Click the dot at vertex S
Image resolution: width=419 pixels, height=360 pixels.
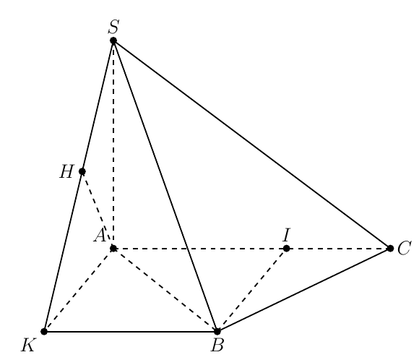113,40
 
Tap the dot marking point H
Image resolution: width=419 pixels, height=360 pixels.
82,171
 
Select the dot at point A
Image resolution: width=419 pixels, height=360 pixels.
113,249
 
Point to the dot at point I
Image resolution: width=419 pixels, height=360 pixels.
286,249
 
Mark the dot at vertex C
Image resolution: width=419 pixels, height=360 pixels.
390,249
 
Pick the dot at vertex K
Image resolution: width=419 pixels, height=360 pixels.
44,332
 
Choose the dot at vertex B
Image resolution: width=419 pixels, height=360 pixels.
217,332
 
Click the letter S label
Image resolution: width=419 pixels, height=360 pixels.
113,27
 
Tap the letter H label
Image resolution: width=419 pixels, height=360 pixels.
66,171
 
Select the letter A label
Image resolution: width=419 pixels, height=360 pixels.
100,236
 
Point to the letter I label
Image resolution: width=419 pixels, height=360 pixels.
287,235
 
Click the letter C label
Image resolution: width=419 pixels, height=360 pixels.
404,248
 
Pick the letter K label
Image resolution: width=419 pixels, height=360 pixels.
28,345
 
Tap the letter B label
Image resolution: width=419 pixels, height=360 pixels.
217,345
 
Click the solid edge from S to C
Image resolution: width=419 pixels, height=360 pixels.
251,145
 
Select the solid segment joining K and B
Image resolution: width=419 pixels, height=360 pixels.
131,332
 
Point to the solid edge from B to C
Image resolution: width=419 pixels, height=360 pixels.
303,290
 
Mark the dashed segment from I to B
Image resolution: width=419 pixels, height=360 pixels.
251,290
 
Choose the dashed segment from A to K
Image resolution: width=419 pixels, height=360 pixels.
79,290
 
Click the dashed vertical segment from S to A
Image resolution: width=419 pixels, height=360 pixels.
113,145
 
